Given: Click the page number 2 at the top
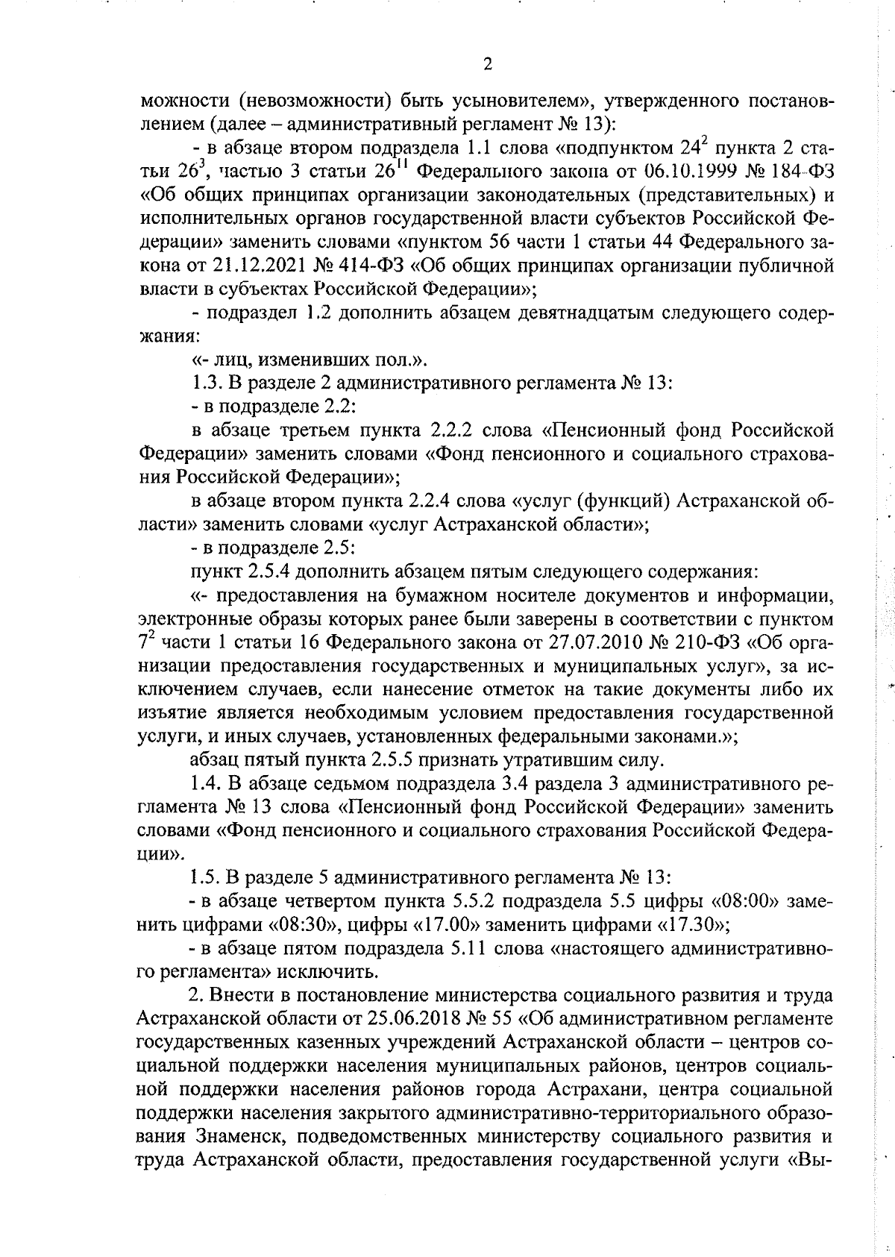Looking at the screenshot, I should point(487,65).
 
